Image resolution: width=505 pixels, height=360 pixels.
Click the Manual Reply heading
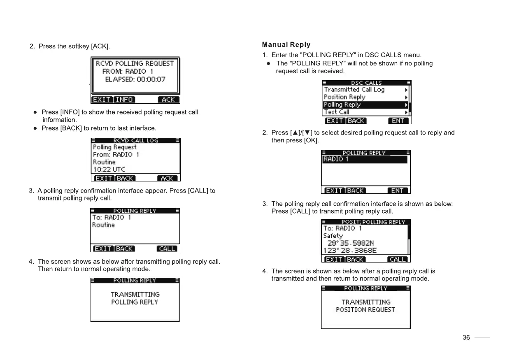[286, 44]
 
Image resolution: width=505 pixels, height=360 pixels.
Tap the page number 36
[466, 337]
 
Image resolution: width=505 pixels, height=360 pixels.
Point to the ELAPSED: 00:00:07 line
[135, 79]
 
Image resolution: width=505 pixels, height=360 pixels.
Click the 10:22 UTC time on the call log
[109, 169]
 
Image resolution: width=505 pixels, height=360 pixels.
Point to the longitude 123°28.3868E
[350, 251]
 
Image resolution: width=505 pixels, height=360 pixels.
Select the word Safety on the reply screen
[333, 236]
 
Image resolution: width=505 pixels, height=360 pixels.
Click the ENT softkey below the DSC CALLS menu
[398, 121]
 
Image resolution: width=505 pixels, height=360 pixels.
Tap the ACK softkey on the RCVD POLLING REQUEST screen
[168, 100]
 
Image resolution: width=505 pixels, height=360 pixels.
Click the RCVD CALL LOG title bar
[135, 141]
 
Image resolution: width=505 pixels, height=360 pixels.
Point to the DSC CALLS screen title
[366, 83]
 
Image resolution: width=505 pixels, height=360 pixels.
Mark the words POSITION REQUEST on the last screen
[365, 310]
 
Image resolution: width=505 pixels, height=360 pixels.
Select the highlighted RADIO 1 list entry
[365, 160]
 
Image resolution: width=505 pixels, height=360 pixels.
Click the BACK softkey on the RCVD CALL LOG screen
[125, 178]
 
